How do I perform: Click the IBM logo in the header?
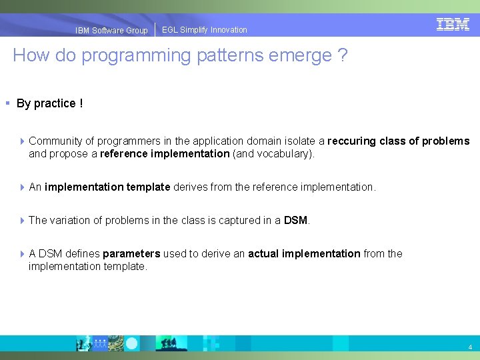point(453,25)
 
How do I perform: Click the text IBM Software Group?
point(111,31)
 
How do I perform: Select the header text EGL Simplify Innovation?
point(204,30)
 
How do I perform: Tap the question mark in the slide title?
point(342,55)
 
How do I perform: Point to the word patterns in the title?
point(227,55)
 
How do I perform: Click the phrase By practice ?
point(49,103)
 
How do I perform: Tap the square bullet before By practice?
point(7,103)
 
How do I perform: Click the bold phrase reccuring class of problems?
point(399,141)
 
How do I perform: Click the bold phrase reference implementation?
point(165,154)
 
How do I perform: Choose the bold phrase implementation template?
point(107,187)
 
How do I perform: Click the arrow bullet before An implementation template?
point(22,187)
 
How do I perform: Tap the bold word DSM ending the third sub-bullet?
point(295,221)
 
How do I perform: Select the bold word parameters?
point(131,254)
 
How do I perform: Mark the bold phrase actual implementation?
point(304,254)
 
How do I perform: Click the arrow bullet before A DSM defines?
point(22,254)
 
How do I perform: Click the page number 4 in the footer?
point(470,347)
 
